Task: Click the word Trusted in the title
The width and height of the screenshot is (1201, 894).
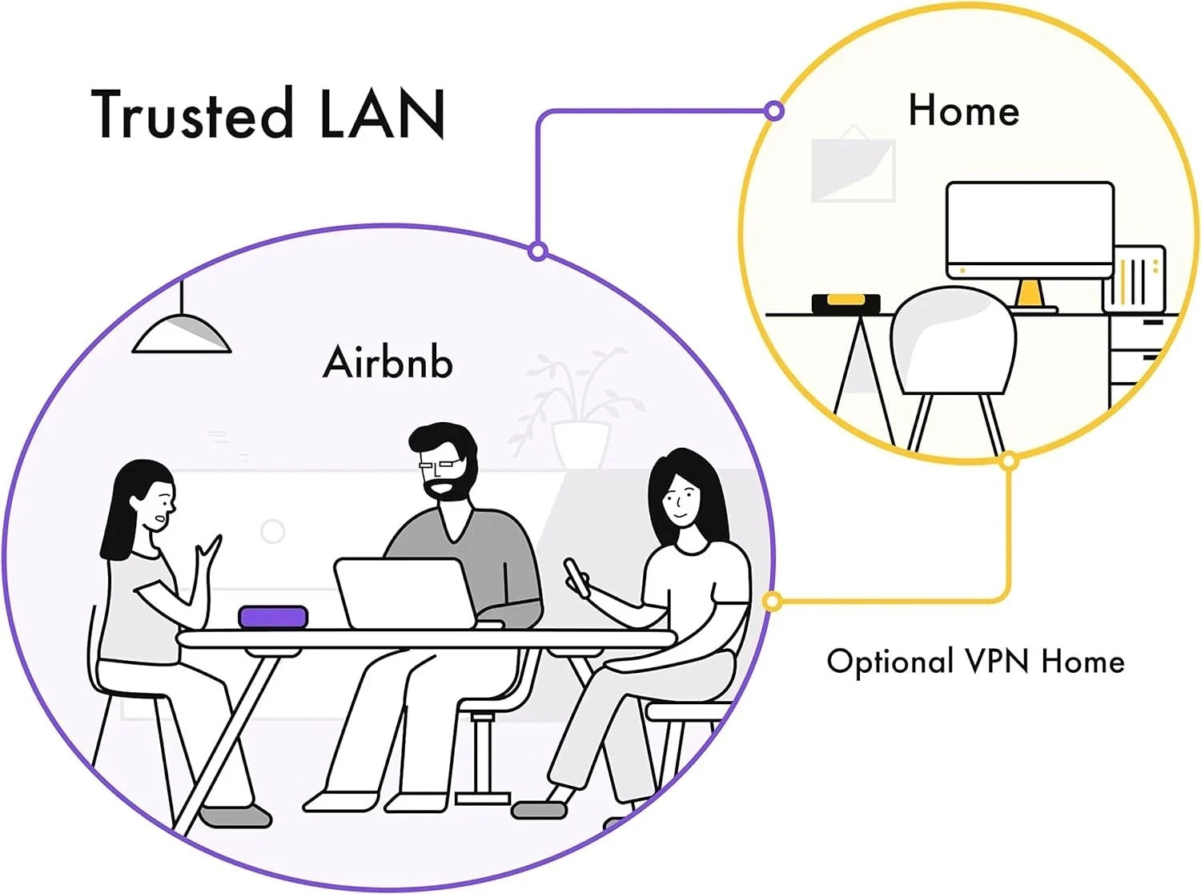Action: [x=192, y=113]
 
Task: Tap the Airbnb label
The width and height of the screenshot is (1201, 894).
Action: [x=388, y=361]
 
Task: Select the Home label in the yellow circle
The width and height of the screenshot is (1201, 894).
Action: [x=964, y=110]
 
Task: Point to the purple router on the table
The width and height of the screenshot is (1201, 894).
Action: [x=274, y=617]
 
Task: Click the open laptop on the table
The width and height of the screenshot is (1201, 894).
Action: [x=406, y=594]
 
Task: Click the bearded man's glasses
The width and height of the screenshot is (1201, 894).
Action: [x=439, y=465]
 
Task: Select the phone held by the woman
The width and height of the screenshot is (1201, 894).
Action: [x=576, y=578]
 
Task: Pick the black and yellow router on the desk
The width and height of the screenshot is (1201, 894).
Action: [x=846, y=304]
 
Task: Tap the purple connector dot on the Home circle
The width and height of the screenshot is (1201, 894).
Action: [x=775, y=111]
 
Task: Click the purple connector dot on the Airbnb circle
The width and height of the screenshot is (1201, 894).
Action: [x=538, y=252]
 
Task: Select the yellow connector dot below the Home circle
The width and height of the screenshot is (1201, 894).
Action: [x=1008, y=461]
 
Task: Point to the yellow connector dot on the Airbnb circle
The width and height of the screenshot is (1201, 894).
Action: [x=773, y=601]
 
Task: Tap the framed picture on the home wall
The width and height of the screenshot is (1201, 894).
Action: [x=853, y=168]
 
